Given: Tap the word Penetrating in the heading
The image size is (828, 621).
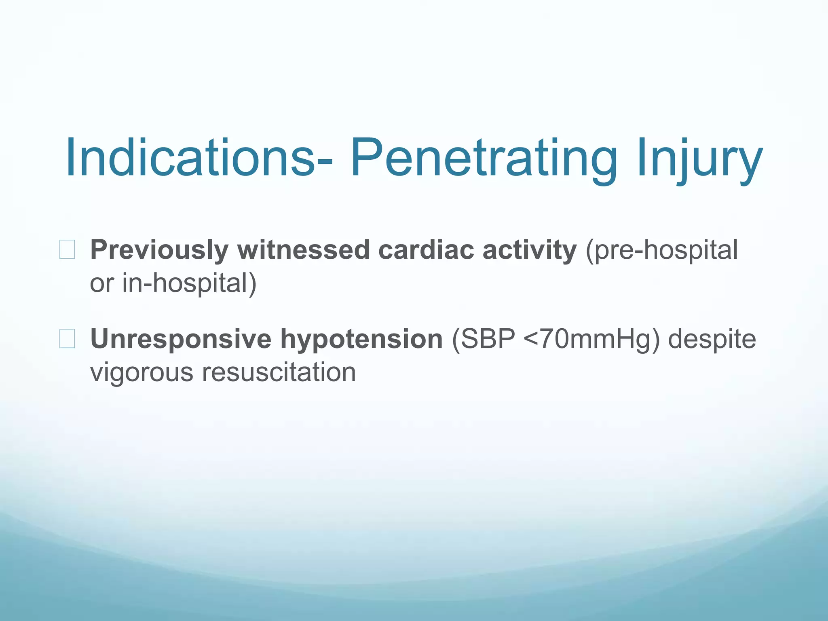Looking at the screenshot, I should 484,158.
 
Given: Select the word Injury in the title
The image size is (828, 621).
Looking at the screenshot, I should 699,158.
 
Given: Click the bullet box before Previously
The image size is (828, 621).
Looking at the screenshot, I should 67,249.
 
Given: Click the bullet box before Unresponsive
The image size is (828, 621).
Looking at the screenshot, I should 67,339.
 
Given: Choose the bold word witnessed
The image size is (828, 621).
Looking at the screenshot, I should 303,250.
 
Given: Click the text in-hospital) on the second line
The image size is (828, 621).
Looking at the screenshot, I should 189,283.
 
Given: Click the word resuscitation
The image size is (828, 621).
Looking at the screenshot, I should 279,372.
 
